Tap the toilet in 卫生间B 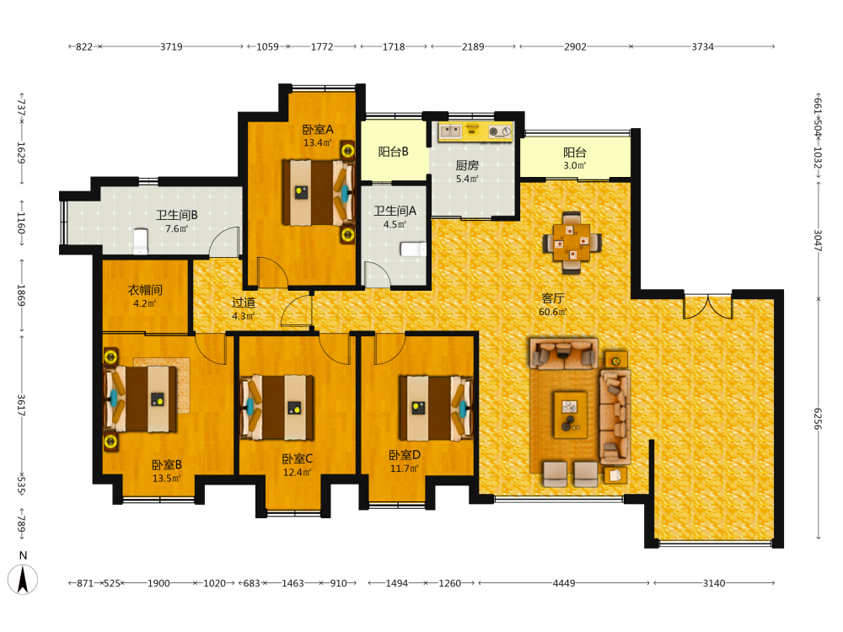(x=140, y=241)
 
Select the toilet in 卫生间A (x=413, y=249)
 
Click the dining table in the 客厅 (x=572, y=243)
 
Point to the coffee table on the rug (x=571, y=415)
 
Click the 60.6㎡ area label (x=553, y=312)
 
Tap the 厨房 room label (x=467, y=165)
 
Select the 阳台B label (x=393, y=152)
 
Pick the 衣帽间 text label (x=145, y=290)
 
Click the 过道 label (x=243, y=303)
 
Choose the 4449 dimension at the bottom (x=563, y=583)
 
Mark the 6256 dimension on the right (x=817, y=418)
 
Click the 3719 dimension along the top (x=171, y=46)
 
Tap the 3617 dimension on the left (x=21, y=405)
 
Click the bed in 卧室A (x=319, y=192)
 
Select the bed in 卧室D (x=436, y=409)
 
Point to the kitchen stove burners (x=499, y=131)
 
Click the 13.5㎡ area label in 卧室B (x=167, y=479)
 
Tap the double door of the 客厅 (x=707, y=307)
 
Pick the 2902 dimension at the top (x=575, y=46)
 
